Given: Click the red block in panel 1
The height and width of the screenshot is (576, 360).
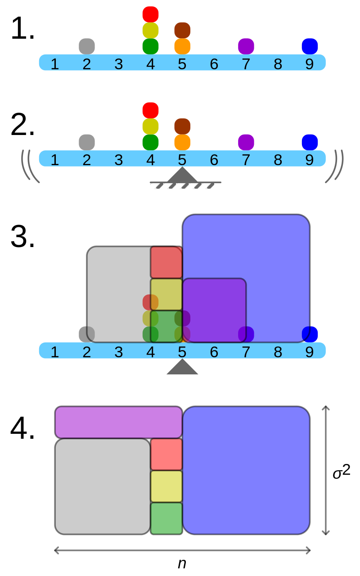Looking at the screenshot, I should [150, 14].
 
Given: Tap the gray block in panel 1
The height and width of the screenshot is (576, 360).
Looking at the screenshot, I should [87, 46].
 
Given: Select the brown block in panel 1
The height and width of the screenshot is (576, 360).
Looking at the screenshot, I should [182, 30].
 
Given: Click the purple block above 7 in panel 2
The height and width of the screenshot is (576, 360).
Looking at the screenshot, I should [246, 142].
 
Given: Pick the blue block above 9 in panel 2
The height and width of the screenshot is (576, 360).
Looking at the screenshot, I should [310, 142].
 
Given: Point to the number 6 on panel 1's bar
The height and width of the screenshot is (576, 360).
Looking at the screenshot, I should [214, 64].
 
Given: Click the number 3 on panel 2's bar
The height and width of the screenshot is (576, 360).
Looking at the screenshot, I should [119, 160].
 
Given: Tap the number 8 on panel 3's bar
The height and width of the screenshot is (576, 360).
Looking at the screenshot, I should [278, 352].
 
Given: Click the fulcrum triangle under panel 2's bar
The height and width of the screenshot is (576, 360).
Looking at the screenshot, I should [182, 176].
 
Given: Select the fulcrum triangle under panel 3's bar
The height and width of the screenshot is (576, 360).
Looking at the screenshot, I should [182, 368].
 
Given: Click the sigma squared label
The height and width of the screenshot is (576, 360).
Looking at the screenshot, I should [341, 472].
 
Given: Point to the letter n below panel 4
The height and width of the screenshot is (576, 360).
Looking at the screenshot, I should [182, 563].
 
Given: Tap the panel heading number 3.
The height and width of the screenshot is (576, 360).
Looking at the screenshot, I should [22, 237].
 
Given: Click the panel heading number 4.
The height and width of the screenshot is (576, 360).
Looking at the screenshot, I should [22, 429].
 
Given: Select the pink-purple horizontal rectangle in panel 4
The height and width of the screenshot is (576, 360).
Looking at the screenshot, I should [118, 422].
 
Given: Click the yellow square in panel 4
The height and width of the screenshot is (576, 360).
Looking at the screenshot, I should [166, 486].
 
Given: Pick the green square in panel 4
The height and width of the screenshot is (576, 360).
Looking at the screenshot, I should [166, 518].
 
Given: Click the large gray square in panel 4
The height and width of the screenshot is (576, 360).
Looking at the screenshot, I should [103, 486].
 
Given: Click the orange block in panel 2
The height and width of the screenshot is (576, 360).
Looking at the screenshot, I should [182, 142].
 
